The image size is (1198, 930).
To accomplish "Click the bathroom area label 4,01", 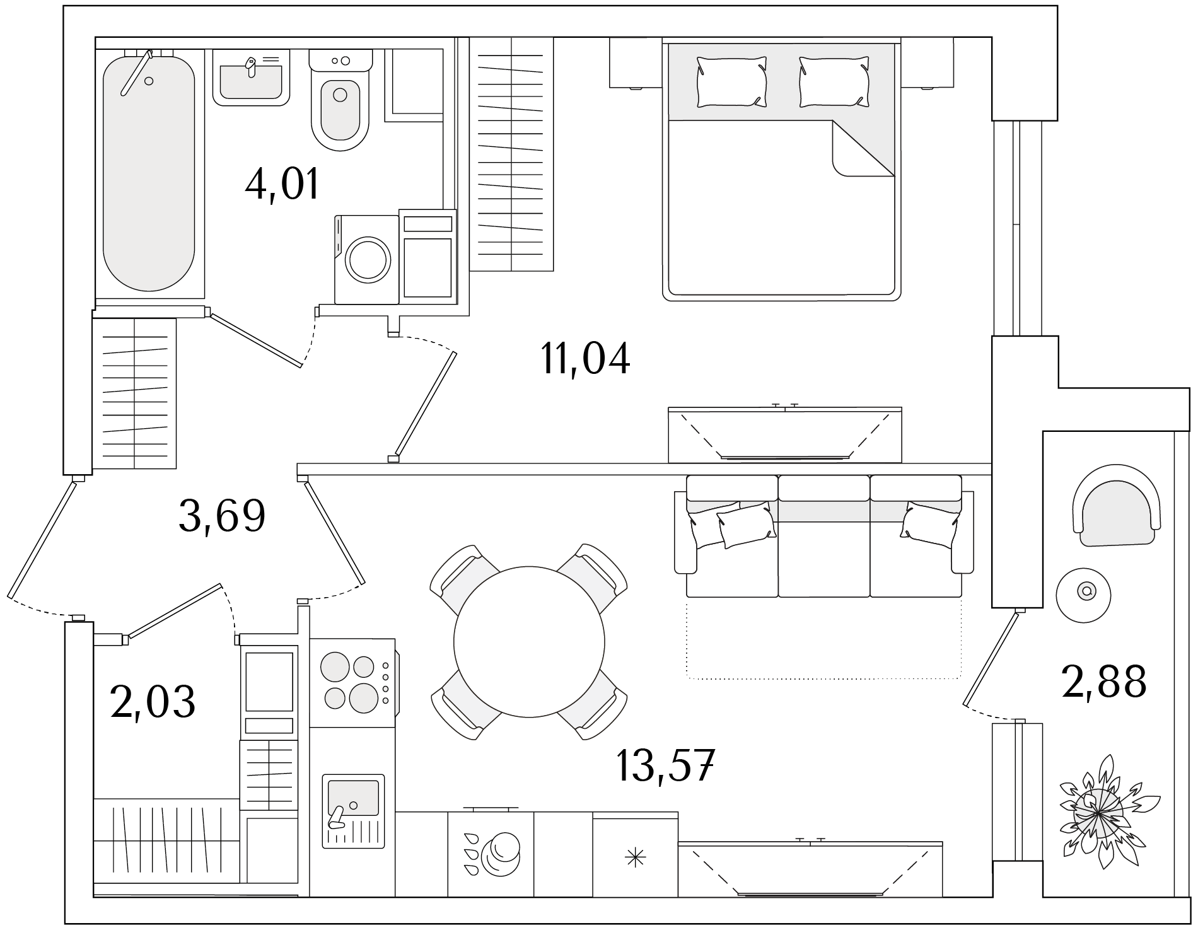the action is pyautogui.click(x=282, y=183).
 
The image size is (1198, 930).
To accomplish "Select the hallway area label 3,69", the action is pyautogui.click(x=222, y=515).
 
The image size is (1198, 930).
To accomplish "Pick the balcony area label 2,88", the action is pyautogui.click(x=1104, y=682).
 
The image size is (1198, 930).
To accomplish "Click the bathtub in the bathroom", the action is pyautogui.click(x=149, y=173).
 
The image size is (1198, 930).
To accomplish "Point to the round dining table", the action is pyautogui.click(x=529, y=641).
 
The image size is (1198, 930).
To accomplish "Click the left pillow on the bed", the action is pyautogui.click(x=731, y=82).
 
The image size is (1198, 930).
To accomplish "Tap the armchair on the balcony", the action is pyautogui.click(x=1117, y=505).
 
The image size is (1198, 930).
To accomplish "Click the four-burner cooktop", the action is pyautogui.click(x=353, y=683).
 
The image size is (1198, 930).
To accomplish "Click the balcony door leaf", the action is pyautogui.click(x=991, y=658).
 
